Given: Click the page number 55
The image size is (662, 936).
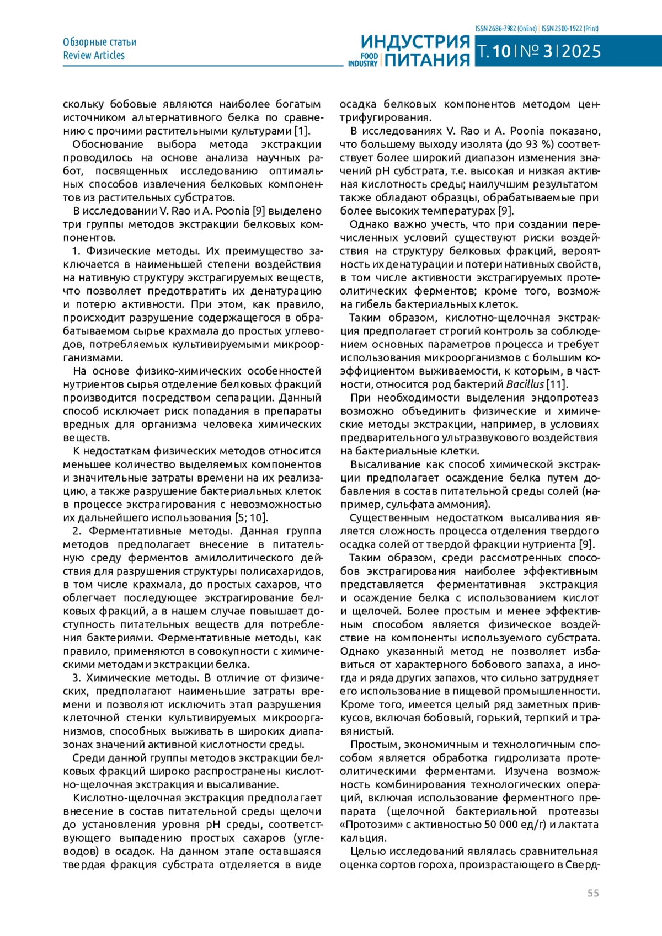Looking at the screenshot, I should click(x=592, y=893).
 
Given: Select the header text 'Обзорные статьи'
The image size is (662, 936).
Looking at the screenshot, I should click(x=99, y=42).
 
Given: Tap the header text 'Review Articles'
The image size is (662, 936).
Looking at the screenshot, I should click(x=94, y=55).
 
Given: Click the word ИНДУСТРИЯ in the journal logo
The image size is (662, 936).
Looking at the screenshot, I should click(x=415, y=42).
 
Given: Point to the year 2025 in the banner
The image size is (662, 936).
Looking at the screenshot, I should click(x=581, y=52).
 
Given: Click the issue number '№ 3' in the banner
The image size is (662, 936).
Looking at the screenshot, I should click(x=536, y=52).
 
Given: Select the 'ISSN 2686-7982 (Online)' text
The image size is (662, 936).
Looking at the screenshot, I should click(x=506, y=29).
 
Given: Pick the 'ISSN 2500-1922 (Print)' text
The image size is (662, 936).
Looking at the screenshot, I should click(x=570, y=29).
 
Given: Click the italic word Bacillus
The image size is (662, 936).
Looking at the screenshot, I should click(x=525, y=384).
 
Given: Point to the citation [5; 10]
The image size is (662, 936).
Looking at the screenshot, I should click(x=251, y=518).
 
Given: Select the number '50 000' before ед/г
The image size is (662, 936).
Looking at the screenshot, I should click(x=485, y=825).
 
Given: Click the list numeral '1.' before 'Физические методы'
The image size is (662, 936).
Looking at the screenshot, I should click(x=76, y=251).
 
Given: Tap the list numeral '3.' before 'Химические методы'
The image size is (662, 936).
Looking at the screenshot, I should click(x=76, y=678).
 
